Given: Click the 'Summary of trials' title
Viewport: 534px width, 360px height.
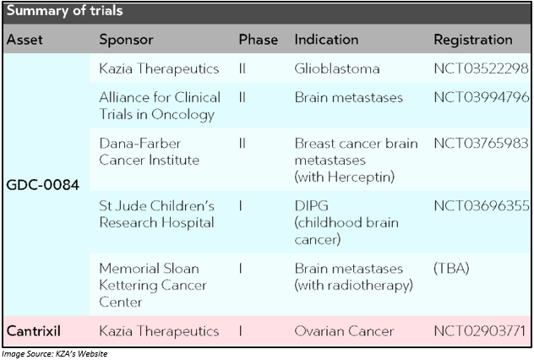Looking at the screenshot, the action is tap(65, 11).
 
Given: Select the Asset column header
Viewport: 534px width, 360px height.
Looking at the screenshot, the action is tap(25, 40).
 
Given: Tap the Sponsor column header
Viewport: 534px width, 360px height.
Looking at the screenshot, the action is tap(127, 41).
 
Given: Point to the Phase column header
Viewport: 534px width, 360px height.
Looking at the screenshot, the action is tap(259, 40).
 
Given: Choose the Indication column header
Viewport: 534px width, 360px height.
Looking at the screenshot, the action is tap(326, 40).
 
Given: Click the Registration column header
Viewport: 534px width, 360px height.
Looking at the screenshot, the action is tap(473, 41).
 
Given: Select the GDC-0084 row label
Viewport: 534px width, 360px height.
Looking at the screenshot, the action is tap(43, 185).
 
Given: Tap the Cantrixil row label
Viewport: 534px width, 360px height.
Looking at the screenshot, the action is tap(34, 331).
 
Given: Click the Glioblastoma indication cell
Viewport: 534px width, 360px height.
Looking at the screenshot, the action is tap(337, 68).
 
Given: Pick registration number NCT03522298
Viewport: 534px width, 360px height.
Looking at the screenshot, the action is tap(482, 68).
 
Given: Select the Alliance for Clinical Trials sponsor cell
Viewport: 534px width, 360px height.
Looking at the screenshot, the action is tap(160, 106).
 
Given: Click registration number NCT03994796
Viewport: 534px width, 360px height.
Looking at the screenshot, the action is tap(482, 98).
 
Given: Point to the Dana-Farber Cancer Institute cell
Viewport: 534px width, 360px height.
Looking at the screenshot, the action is tap(150, 152).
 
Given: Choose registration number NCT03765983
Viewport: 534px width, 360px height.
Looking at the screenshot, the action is tap(482, 144).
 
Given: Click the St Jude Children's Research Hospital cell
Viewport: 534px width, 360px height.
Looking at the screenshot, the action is tap(156, 215).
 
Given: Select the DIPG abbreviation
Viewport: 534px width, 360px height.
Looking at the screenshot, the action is tap(312, 205).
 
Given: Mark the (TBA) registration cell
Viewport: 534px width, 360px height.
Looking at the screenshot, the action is tap(451, 269).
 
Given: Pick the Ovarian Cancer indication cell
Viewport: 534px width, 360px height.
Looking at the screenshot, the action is tap(344, 331).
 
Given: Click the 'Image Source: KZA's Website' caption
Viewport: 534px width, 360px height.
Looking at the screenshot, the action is tap(54, 354).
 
